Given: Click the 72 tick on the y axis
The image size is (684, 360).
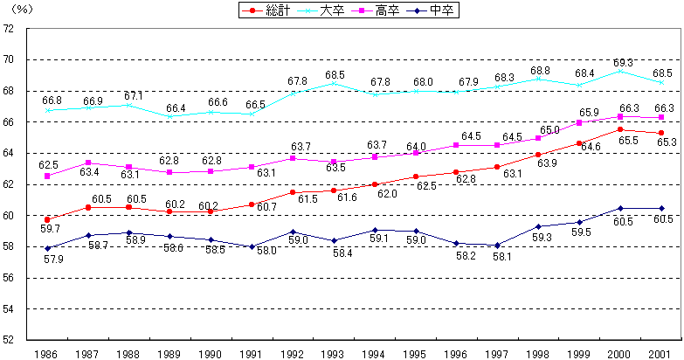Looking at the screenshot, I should pyautogui.click(x=10, y=28).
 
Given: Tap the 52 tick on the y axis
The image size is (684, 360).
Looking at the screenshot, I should pyautogui.click(x=10, y=341).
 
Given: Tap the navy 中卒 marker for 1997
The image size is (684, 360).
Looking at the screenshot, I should pyautogui.click(x=497, y=246).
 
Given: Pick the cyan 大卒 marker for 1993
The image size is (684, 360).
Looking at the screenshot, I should pyautogui.click(x=333, y=84).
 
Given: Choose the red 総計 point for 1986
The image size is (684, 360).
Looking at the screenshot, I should pyautogui.click(x=47, y=220).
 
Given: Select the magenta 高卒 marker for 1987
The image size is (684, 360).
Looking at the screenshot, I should pyautogui.click(x=88, y=163).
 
